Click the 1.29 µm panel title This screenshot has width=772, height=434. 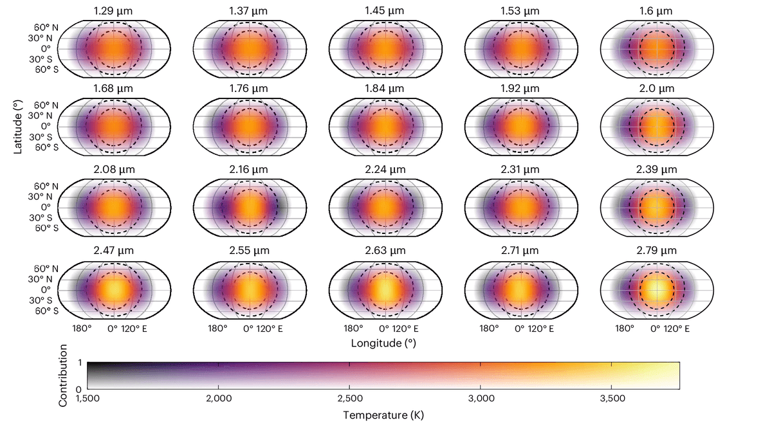pos(113,12)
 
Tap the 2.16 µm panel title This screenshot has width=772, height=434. pos(249,170)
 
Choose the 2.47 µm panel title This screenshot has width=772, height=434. pos(113,249)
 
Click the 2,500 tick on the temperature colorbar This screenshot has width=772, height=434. pos(349,399)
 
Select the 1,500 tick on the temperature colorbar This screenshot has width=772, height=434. pos(87,399)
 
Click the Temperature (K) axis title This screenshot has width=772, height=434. pos(383,415)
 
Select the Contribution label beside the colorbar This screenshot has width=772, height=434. pos(63,375)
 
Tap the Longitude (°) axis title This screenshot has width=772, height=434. pos(383,343)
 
